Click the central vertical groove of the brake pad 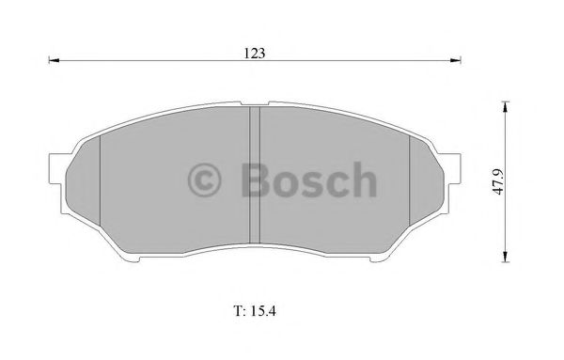pos(254,179)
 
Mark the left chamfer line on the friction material pos(99,188)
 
